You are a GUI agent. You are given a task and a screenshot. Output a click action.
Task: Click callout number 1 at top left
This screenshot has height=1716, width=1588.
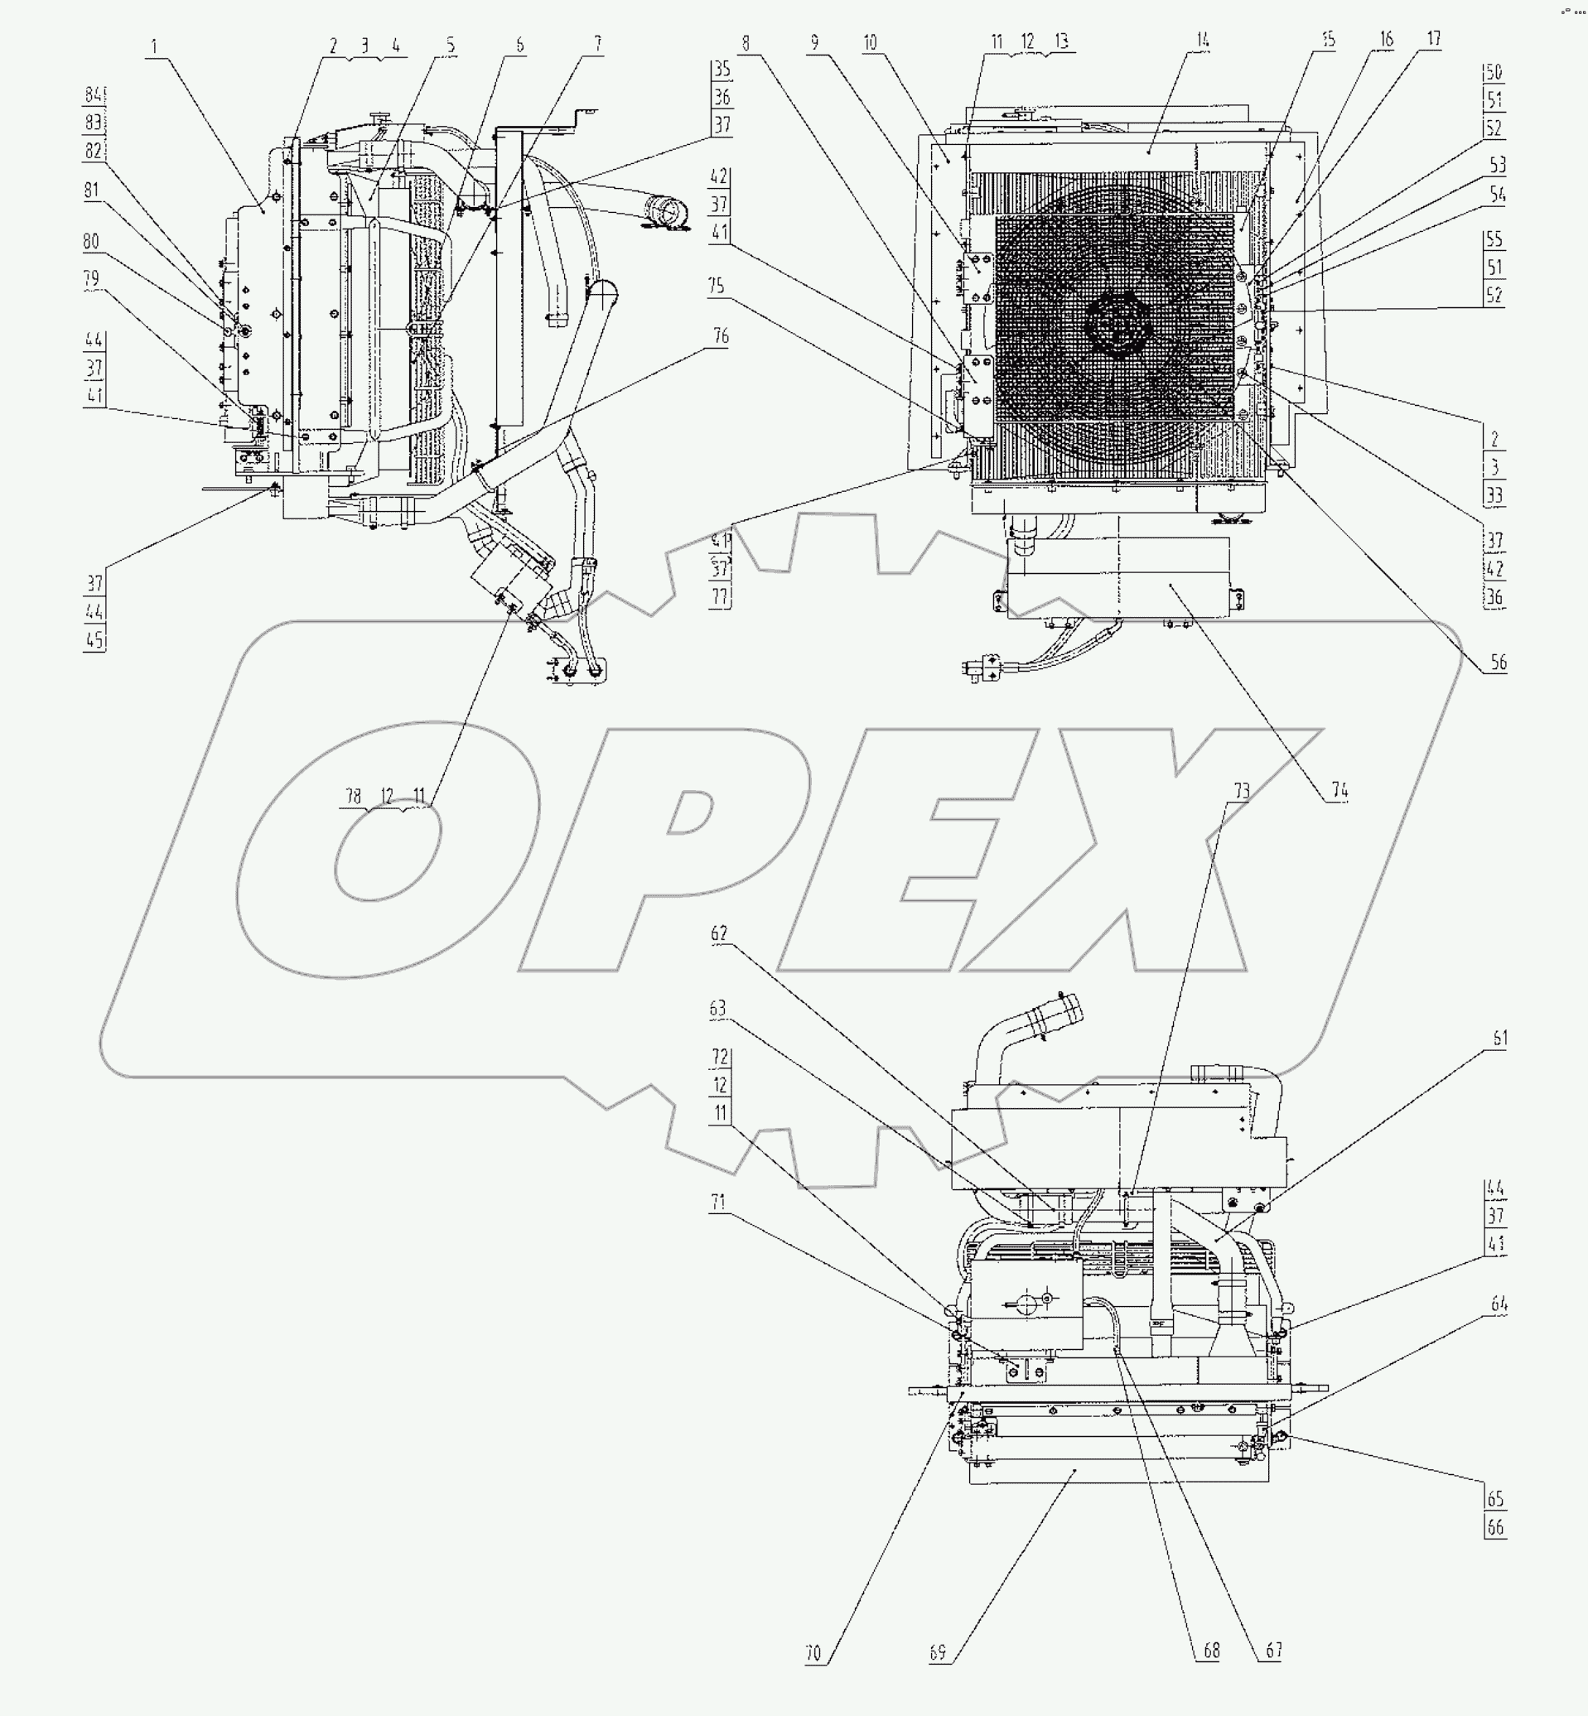155,46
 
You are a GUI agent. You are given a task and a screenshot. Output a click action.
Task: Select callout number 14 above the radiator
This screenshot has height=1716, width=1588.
1202,40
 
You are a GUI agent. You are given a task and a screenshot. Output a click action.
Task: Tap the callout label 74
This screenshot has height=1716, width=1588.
1339,791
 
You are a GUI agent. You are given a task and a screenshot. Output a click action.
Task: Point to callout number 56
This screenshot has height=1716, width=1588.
1498,662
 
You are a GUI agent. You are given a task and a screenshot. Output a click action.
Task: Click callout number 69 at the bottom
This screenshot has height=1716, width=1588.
939,1652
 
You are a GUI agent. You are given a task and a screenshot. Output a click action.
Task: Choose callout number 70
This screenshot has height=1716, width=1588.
813,1652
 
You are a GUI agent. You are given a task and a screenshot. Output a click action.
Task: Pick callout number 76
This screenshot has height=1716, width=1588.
721,336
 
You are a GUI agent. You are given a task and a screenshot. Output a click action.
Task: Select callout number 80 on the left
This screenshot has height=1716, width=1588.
91,242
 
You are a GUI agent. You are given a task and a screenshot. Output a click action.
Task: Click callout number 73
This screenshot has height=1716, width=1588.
1242,791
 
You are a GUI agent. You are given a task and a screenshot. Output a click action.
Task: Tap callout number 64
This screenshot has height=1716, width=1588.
1499,1304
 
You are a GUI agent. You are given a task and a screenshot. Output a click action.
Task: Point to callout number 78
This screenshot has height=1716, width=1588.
353,796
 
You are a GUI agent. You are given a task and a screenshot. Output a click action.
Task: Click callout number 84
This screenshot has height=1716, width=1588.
94,94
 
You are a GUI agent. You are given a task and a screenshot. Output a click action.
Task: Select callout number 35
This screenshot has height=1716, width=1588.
722,70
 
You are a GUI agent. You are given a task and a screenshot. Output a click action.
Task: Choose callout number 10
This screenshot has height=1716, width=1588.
871,42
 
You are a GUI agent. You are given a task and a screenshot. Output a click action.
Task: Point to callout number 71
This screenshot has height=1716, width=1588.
717,1203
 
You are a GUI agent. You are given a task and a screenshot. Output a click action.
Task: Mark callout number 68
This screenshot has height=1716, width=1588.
1210,1650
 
